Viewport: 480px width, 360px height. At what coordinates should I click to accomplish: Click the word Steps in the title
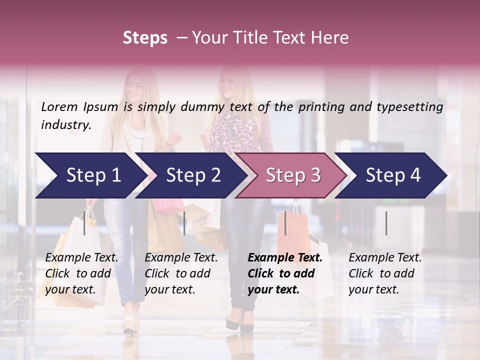tap(145, 38)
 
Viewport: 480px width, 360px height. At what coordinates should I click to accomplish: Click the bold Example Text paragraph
tap(285, 273)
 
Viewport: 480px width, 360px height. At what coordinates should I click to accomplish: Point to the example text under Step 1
tap(81, 273)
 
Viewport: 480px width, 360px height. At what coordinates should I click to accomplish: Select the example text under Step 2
tap(181, 273)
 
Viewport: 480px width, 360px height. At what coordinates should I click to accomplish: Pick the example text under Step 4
tap(385, 273)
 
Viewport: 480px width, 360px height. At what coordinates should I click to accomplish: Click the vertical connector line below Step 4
tap(386, 223)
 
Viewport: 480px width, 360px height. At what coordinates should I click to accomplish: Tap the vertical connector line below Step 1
tap(84, 223)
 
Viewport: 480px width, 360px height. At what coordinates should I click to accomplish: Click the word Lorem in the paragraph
tap(59, 106)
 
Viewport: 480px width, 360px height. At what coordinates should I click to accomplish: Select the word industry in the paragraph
tap(65, 125)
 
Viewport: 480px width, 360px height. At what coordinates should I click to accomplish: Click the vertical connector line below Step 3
tap(285, 223)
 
